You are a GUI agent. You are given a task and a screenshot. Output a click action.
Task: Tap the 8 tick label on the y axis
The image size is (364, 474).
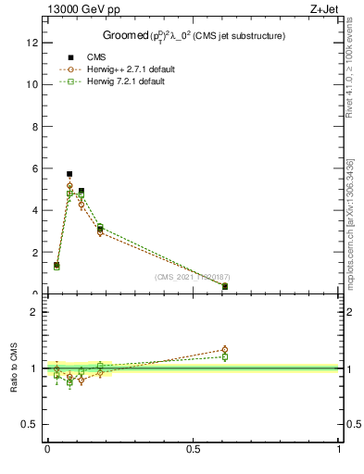coord(32,126)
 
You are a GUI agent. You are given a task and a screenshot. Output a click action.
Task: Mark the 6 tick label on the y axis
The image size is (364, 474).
coord(32,168)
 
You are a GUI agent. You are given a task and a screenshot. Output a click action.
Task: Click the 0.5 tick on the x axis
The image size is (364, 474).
coord(193,450)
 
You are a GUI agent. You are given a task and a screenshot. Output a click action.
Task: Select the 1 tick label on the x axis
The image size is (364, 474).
coord(338,450)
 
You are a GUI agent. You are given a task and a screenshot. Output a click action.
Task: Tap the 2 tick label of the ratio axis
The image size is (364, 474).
coord(32,312)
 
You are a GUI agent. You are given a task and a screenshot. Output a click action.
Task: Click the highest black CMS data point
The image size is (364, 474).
coord(69,174)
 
